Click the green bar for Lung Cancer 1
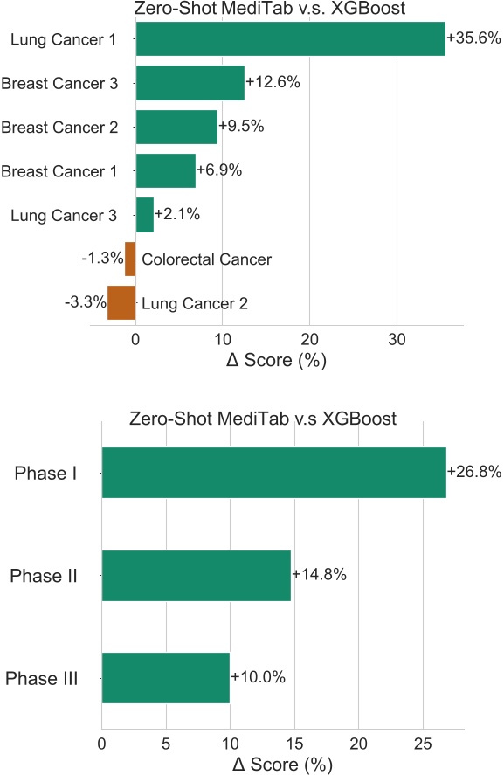[x=290, y=39]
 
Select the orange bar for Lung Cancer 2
[x=121, y=303]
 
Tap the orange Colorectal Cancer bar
[x=130, y=259]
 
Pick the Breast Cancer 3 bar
[x=190, y=83]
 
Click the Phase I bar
[x=273, y=473]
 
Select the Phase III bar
[x=166, y=677]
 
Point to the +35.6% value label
[x=473, y=38]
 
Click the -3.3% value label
[x=85, y=303]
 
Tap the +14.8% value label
[x=319, y=574]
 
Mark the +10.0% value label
[x=258, y=677]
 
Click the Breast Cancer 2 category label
[x=59, y=128]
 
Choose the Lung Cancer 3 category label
[x=63, y=215]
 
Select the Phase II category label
[x=44, y=576]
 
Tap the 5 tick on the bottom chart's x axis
[x=166, y=744]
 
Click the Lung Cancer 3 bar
[x=144, y=215]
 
